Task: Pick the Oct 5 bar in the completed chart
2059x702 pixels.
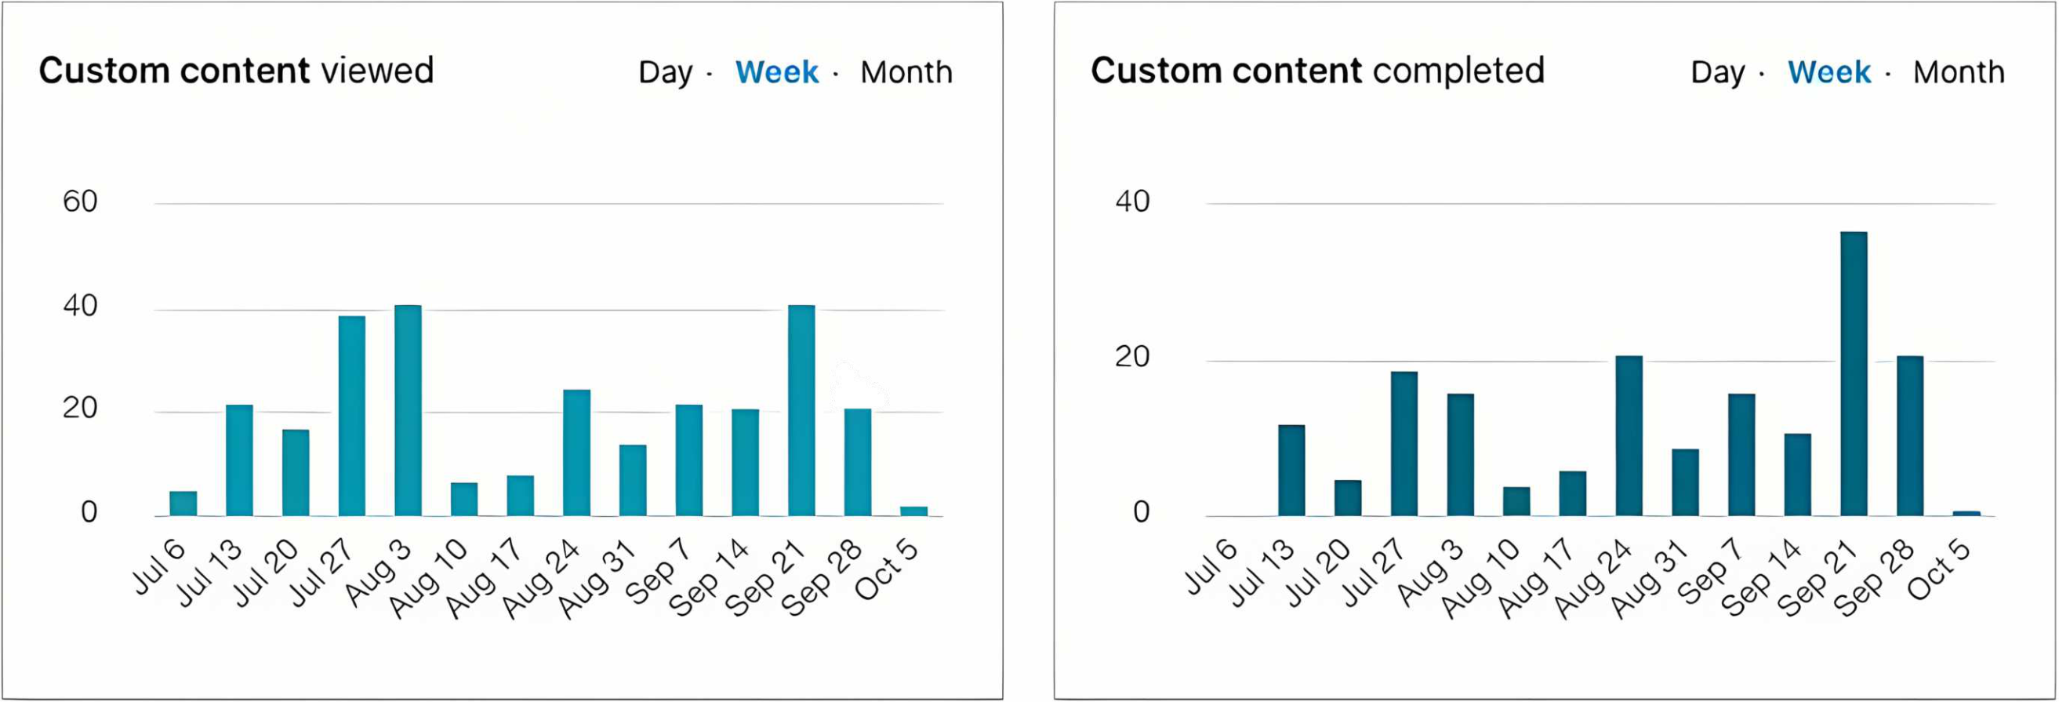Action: [x=1966, y=512]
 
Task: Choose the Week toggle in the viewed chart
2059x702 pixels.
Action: [x=776, y=72]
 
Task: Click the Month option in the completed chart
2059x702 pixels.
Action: [x=1959, y=72]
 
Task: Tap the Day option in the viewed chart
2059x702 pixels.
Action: [x=665, y=72]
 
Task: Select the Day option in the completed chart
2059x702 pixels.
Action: [x=1718, y=72]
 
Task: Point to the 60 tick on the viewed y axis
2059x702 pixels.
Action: [x=80, y=202]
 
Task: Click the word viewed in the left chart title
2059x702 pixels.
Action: [x=377, y=71]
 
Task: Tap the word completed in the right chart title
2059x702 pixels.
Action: [x=1458, y=71]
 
